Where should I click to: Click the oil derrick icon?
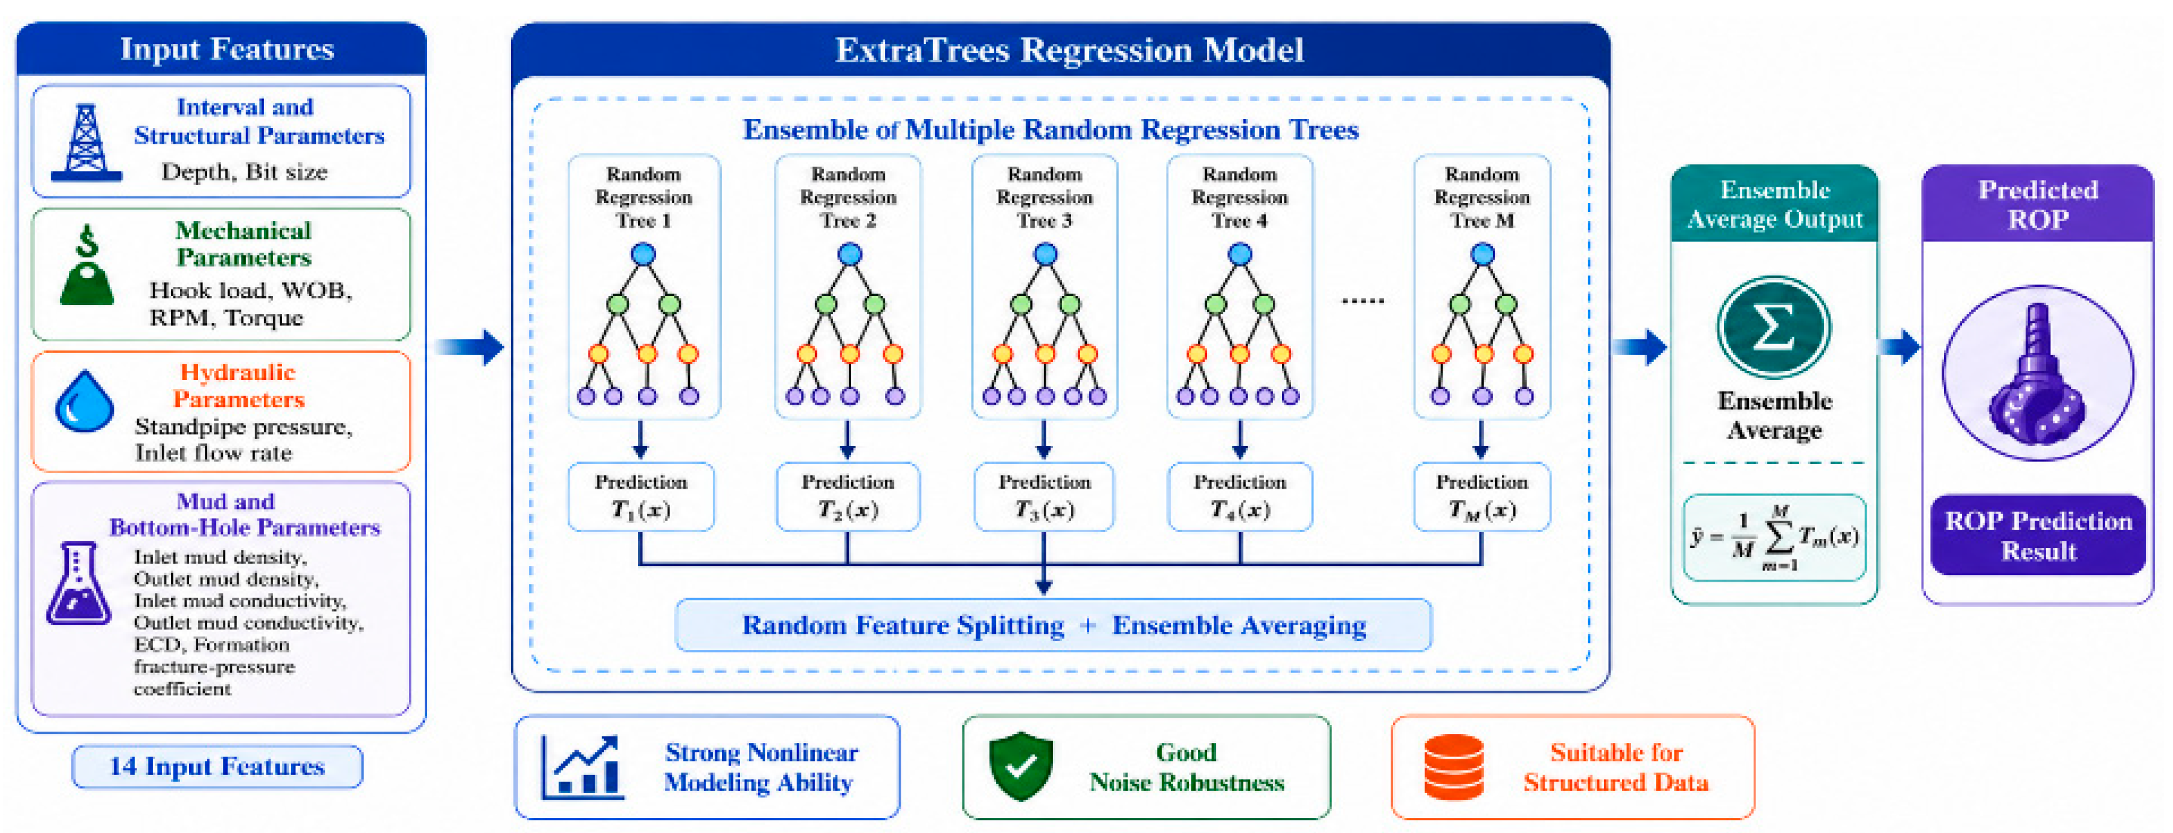(86, 143)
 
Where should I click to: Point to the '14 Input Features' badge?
(217, 767)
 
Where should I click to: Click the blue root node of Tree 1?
(643, 254)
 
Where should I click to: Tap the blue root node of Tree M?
(1482, 254)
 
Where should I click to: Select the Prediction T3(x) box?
(1045, 497)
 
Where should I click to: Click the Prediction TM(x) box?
(1482, 497)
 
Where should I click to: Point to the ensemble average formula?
(1774, 538)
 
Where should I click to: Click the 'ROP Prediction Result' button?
(2038, 535)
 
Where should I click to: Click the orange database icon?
(1453, 767)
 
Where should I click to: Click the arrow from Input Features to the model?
(470, 347)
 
